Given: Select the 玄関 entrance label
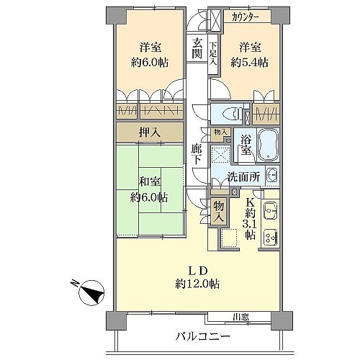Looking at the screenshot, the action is (197, 49).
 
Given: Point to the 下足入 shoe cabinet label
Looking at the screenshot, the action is (213, 54).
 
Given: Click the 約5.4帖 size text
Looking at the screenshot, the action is (250, 63).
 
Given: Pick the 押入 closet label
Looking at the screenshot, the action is (150, 132).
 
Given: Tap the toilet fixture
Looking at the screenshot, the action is (233, 113).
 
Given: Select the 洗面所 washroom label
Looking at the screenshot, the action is (243, 177).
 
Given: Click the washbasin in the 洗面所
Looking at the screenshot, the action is (272, 176).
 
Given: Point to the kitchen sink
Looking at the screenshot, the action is (271, 211).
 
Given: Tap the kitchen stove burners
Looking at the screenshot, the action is (271, 238).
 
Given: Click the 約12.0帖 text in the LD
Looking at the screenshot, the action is (197, 284).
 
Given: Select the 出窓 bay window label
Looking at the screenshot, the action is (240, 317).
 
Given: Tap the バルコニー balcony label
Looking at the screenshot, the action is (203, 336).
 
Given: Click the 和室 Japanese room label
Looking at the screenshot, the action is (150, 182).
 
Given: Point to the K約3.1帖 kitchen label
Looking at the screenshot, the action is (250, 219).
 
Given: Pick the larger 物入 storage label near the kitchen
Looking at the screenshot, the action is (219, 212).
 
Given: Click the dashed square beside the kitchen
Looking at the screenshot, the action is (229, 238).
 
